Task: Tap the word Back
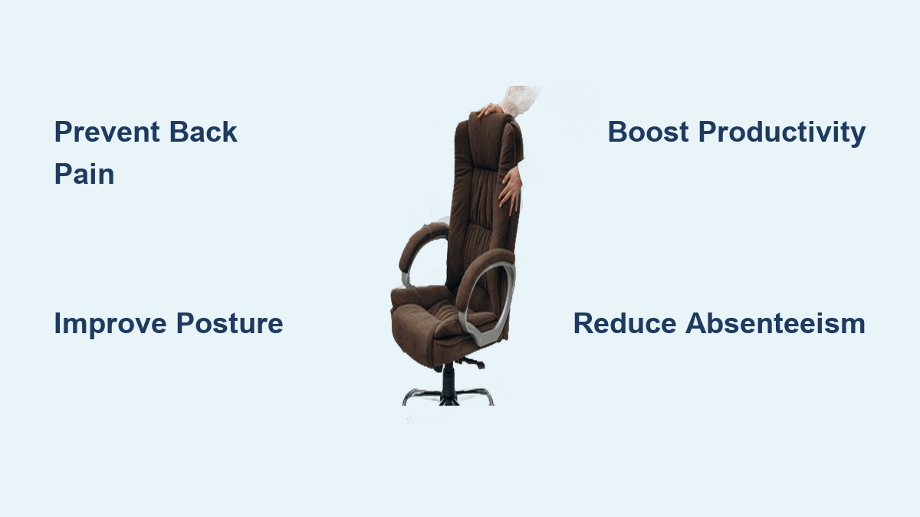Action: click(x=203, y=132)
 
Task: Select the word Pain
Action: click(x=84, y=174)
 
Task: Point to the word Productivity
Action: click(x=782, y=132)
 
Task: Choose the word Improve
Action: click(x=110, y=323)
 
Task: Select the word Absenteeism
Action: click(x=775, y=323)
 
